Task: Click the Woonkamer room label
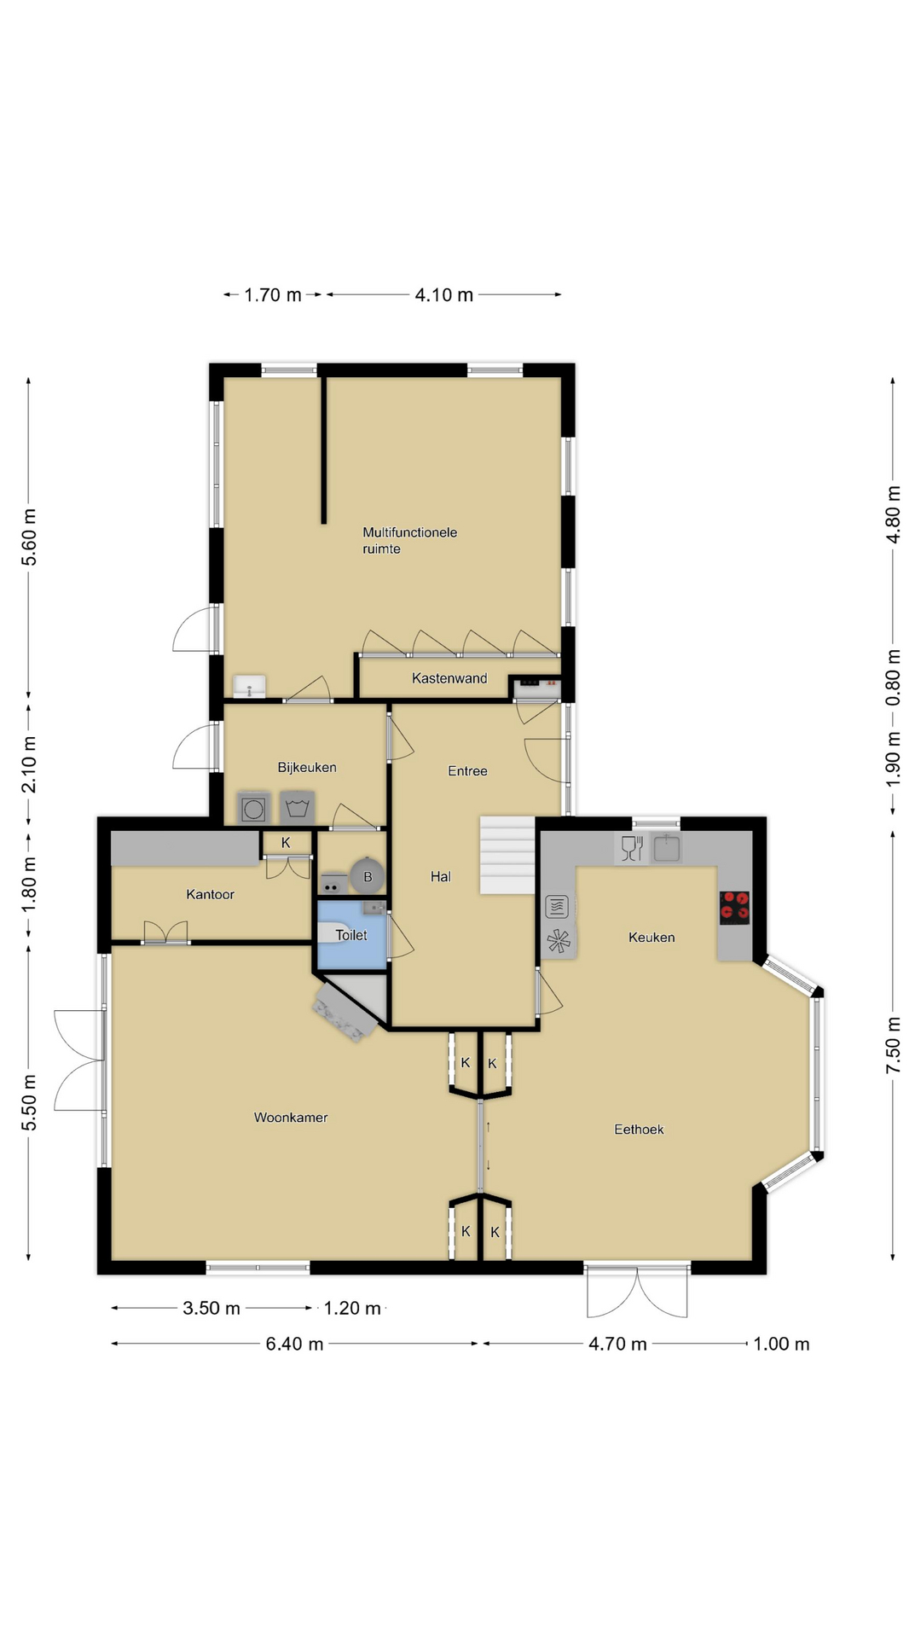[291, 1118]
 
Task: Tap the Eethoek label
[639, 1130]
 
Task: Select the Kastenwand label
[449, 678]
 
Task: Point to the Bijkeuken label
[307, 768]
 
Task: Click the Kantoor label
[210, 894]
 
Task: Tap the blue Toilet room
[351, 935]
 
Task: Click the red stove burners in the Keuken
[734, 908]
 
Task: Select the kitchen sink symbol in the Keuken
[666, 848]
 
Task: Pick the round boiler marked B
[368, 876]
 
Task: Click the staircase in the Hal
[507, 855]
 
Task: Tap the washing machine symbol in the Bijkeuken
[253, 808]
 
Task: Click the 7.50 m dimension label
[893, 1045]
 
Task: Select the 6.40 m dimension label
[294, 1344]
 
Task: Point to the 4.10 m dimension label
[443, 295]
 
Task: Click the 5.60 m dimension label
[29, 537]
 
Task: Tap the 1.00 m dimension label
[781, 1344]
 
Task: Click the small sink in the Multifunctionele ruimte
[249, 686]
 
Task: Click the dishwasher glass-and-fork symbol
[632, 848]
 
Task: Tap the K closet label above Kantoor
[286, 843]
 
